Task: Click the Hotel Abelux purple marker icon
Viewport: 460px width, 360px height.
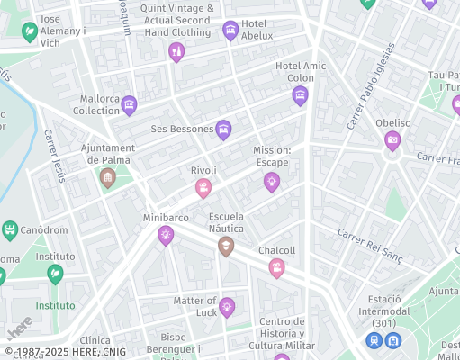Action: pyautogui.click(x=230, y=31)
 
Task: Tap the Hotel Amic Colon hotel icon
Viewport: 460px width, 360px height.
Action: pyautogui.click(x=300, y=95)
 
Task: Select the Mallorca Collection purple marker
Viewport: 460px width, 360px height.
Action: pyautogui.click(x=129, y=105)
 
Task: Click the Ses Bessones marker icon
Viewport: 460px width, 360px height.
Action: pyautogui.click(x=223, y=130)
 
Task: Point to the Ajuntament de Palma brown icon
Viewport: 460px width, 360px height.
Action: pyautogui.click(x=108, y=177)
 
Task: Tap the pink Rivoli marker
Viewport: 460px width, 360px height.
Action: pyautogui.click(x=203, y=187)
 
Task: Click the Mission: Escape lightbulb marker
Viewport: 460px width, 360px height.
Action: pyautogui.click(x=271, y=182)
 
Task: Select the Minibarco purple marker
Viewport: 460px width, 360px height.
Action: pyautogui.click(x=165, y=235)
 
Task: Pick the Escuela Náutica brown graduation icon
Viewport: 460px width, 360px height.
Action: pyautogui.click(x=226, y=246)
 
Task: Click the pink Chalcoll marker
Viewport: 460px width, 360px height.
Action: pyautogui.click(x=276, y=267)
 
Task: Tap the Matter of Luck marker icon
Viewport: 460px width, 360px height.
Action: pyautogui.click(x=227, y=307)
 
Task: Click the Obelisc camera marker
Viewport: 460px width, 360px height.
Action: pyautogui.click(x=392, y=139)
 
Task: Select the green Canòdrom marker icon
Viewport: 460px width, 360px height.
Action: pyautogui.click(x=10, y=230)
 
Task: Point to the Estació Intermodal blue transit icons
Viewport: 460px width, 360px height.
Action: pyautogui.click(x=383, y=340)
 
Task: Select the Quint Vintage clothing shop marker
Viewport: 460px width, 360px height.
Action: pyautogui.click(x=176, y=52)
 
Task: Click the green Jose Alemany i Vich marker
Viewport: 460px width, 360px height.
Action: pyautogui.click(x=30, y=32)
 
